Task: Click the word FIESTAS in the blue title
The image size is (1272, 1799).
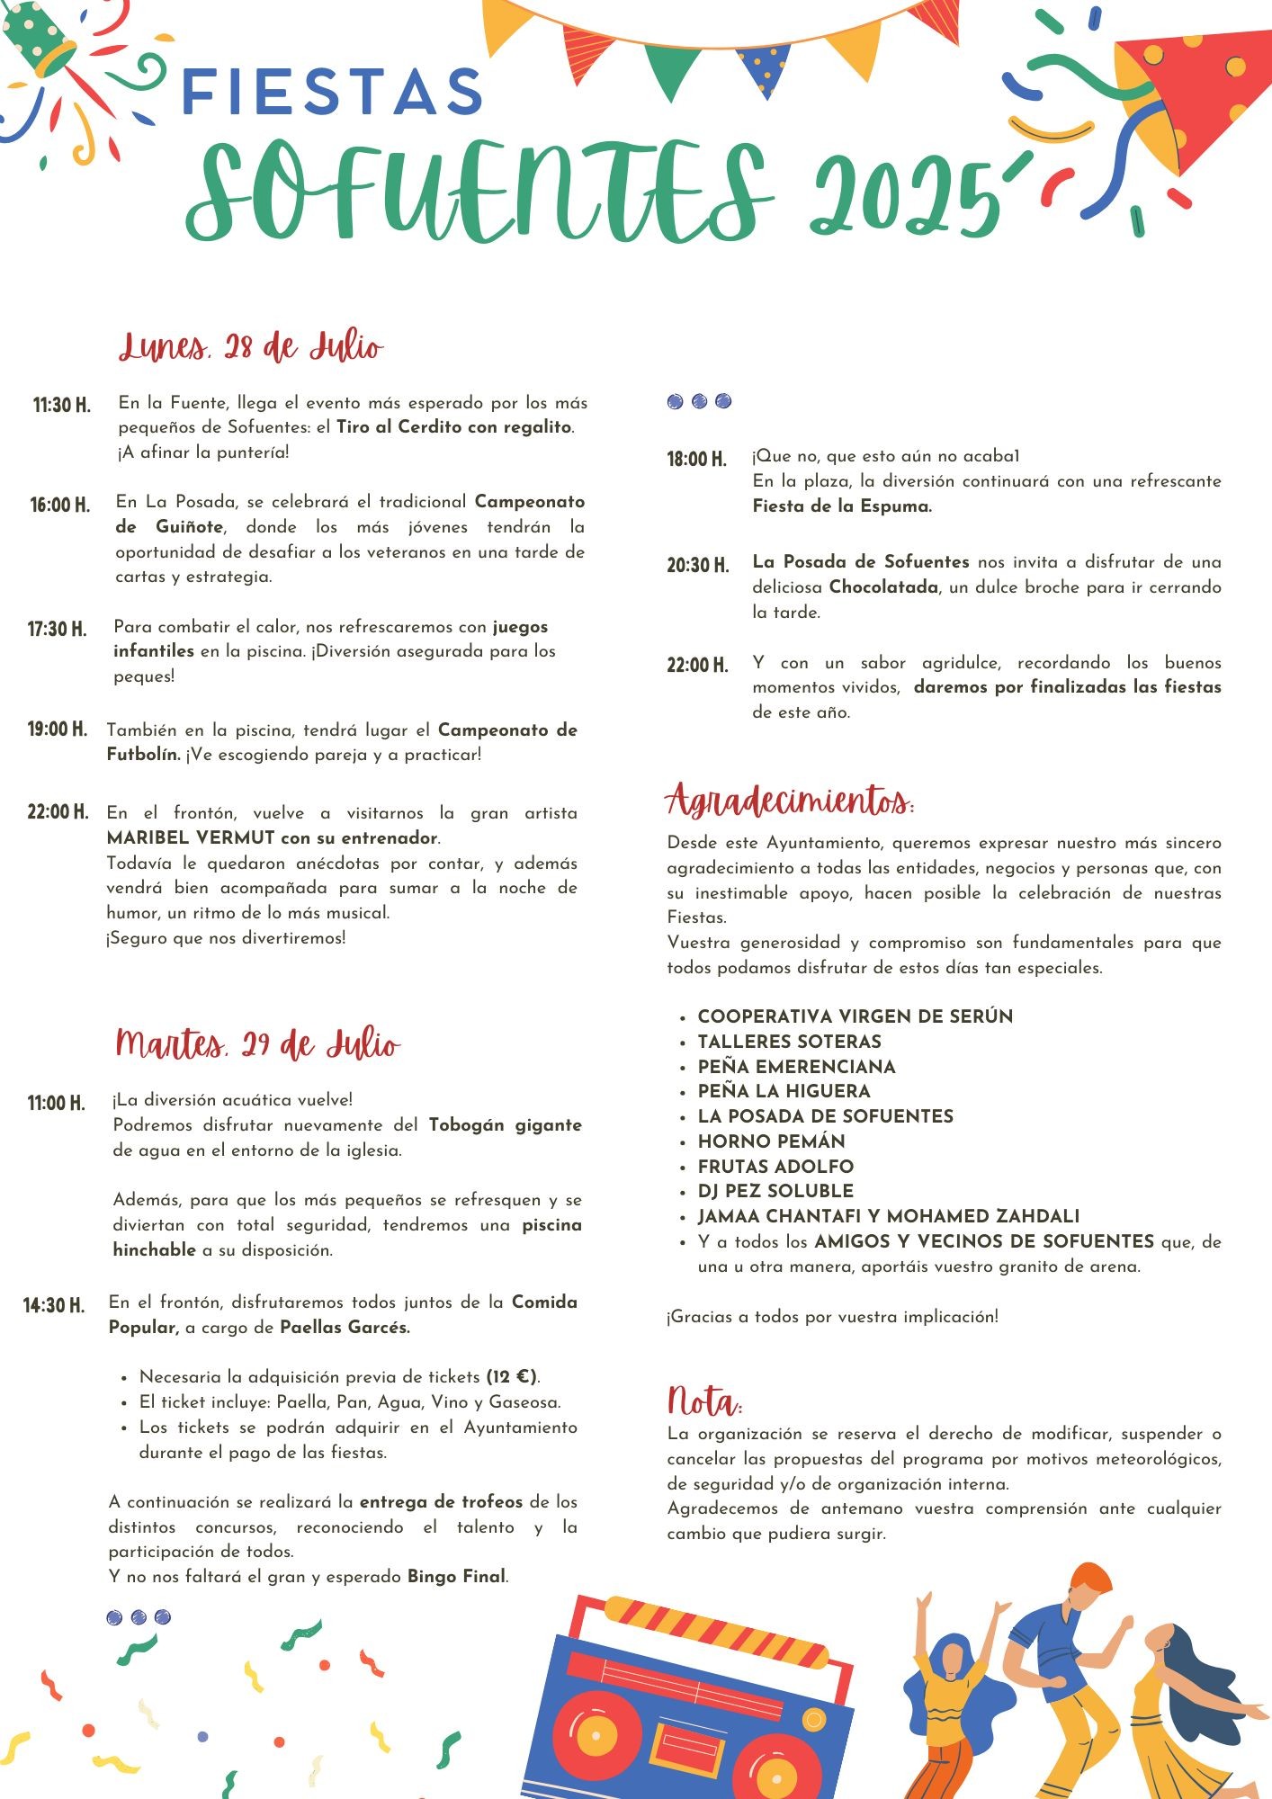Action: point(332,93)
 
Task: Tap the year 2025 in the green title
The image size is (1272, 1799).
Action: point(904,200)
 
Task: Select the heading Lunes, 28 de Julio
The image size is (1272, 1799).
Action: point(251,347)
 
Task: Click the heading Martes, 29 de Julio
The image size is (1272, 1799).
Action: point(257,1044)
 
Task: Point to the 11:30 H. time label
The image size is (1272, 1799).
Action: point(62,405)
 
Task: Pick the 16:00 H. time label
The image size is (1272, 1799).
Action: point(60,505)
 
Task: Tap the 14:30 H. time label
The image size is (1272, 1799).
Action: point(54,1305)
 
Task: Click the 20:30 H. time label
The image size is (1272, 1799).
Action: point(697,566)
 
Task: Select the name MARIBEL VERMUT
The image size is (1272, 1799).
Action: point(191,837)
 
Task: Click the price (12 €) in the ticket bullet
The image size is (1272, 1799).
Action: point(511,1377)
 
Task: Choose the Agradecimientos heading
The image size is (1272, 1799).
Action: point(790,800)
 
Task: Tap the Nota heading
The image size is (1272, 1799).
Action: point(703,1401)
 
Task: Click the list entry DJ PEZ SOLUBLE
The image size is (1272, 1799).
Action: point(775,1191)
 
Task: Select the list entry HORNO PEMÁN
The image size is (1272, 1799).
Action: point(771,1141)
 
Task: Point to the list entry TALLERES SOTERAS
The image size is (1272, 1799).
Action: point(789,1042)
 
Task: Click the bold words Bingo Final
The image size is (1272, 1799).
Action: point(457,1577)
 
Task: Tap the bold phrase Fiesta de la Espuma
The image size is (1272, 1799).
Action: point(842,506)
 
